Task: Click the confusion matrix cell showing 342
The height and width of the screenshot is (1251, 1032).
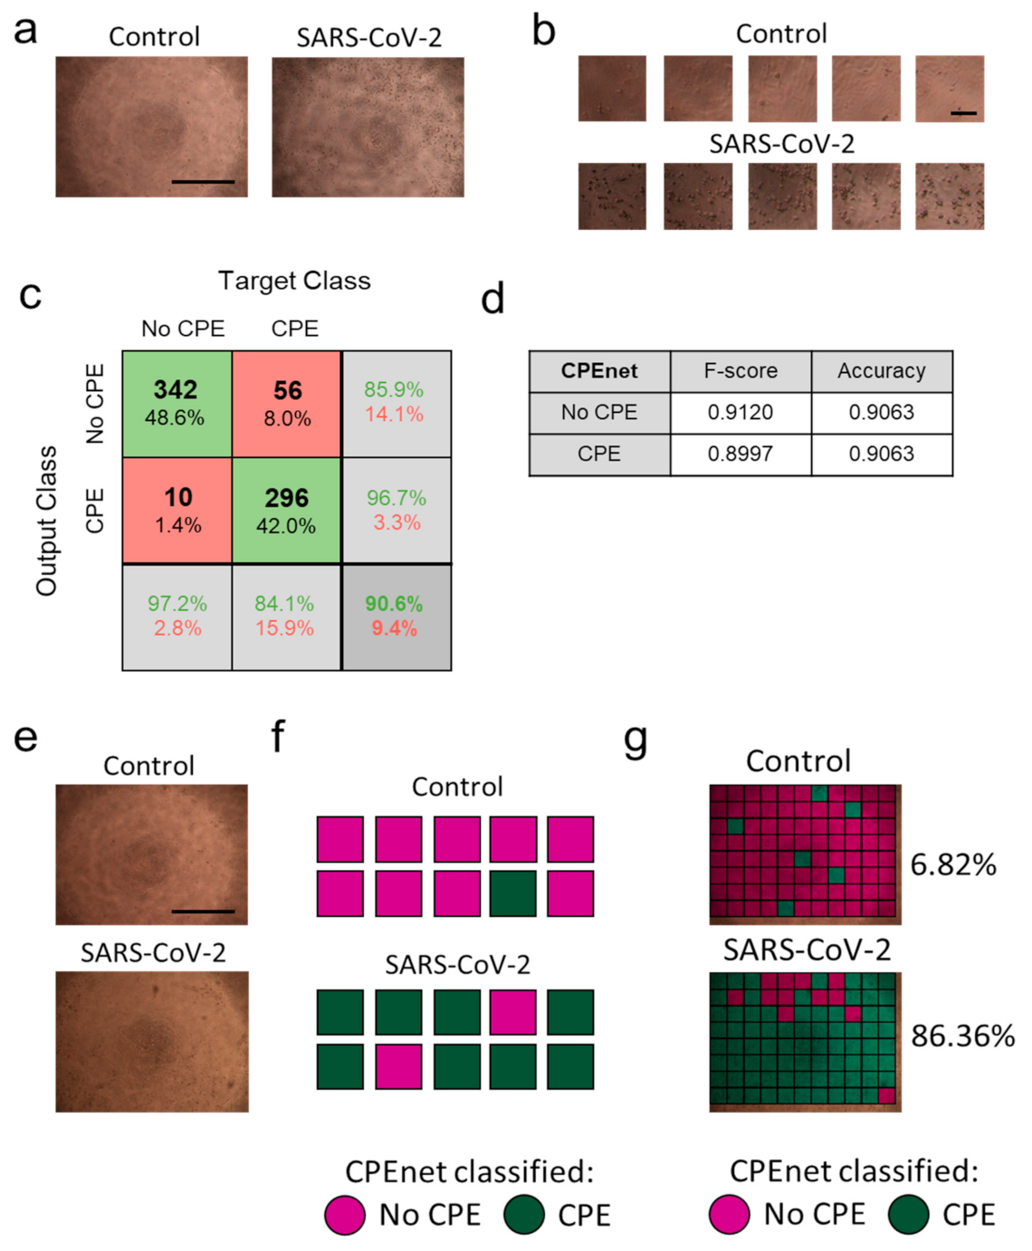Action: tap(177, 403)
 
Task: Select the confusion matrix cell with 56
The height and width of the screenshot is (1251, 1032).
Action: tap(287, 403)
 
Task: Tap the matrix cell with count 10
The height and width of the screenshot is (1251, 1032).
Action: tap(177, 510)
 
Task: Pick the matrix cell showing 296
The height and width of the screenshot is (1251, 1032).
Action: tap(287, 510)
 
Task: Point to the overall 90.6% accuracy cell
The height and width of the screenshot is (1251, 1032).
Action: tap(395, 616)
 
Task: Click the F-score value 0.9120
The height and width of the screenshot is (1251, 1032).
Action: tap(741, 413)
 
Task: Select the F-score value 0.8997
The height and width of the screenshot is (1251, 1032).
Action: tap(741, 454)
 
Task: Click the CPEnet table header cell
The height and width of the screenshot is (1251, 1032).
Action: tap(599, 371)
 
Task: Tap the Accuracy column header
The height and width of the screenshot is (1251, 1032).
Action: tap(881, 371)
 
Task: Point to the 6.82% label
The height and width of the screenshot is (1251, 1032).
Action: tap(953, 865)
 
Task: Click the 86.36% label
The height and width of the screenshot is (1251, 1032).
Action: tap(962, 1036)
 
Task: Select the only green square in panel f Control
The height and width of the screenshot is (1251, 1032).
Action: tap(513, 893)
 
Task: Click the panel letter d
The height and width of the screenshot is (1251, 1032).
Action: tap(493, 300)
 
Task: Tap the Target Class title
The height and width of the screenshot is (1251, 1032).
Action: tap(294, 281)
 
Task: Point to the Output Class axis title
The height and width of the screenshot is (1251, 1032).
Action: tap(47, 520)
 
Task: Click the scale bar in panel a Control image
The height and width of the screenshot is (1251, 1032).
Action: tap(203, 182)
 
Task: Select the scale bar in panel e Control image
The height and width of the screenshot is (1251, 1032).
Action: tap(203, 911)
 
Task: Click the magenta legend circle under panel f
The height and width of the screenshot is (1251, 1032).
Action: tap(345, 1215)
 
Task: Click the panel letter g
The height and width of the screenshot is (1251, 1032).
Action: tap(635, 740)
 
